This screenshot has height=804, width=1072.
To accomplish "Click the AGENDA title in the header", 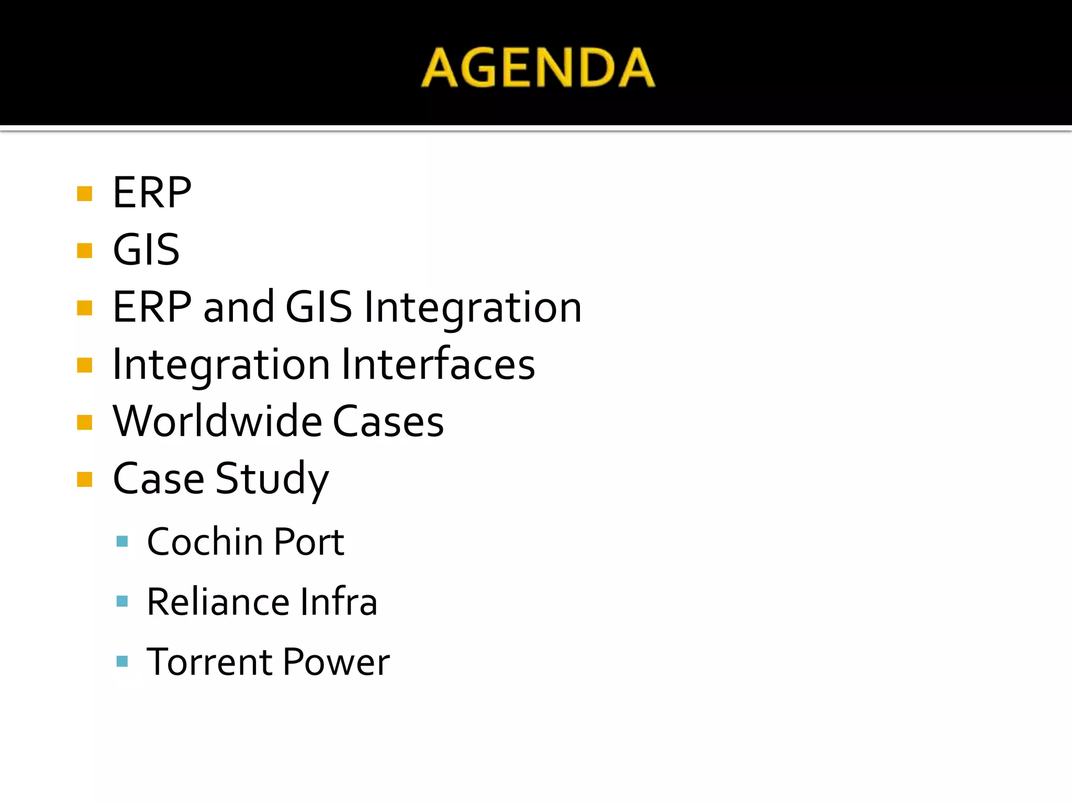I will pyautogui.click(x=538, y=68).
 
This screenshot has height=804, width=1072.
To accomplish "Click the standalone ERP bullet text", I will pyautogui.click(x=152, y=193).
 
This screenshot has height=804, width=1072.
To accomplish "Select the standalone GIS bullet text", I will pyautogui.click(x=146, y=250).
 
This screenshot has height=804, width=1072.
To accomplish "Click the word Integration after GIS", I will pyautogui.click(x=473, y=308).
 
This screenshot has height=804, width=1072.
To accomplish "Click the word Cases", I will pyautogui.click(x=388, y=421).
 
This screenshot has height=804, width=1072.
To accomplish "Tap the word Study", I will pyautogui.click(x=272, y=479).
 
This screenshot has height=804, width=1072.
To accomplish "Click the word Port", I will pyautogui.click(x=309, y=541).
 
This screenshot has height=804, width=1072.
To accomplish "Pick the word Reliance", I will pyautogui.click(x=218, y=601).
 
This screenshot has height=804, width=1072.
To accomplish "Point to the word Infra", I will pyautogui.click(x=339, y=601).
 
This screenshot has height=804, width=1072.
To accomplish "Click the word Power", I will pyautogui.click(x=337, y=662).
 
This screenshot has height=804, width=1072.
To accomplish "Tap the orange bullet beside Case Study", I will pyautogui.click(x=84, y=479).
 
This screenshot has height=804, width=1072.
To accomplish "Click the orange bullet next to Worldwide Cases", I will pyautogui.click(x=84, y=422).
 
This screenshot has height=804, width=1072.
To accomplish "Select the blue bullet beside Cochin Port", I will pyautogui.click(x=122, y=541).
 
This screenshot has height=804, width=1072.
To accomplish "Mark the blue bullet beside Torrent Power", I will pyautogui.click(x=122, y=662).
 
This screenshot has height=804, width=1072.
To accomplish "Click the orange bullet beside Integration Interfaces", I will pyautogui.click(x=84, y=364).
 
